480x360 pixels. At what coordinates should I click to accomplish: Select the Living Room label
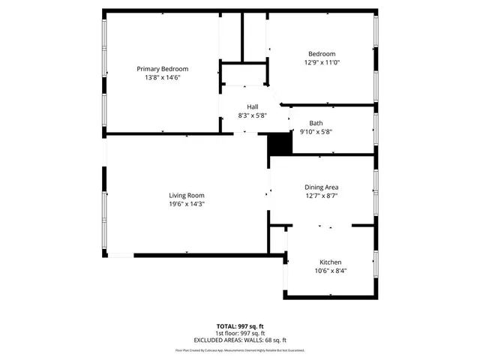pos(187,195)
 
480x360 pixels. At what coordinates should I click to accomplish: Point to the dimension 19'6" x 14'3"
pos(187,204)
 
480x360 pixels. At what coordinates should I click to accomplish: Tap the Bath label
pos(316,123)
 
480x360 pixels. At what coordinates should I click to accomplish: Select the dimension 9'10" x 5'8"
pos(316,132)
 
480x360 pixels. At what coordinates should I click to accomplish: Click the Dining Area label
pos(321,187)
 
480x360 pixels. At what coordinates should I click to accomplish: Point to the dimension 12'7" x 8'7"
pos(321,196)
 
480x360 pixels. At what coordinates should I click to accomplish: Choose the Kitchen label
pos(330,262)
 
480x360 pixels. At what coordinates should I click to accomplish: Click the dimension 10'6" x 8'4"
pos(330,271)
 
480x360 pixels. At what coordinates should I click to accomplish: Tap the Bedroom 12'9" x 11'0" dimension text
pos(322,63)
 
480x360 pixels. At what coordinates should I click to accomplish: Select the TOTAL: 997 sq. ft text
pos(240,326)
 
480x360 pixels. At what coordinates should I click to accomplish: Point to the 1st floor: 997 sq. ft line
pos(240,333)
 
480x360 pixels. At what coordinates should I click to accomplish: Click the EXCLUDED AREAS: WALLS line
pos(240,340)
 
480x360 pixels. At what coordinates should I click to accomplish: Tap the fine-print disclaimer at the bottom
pos(240,349)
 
